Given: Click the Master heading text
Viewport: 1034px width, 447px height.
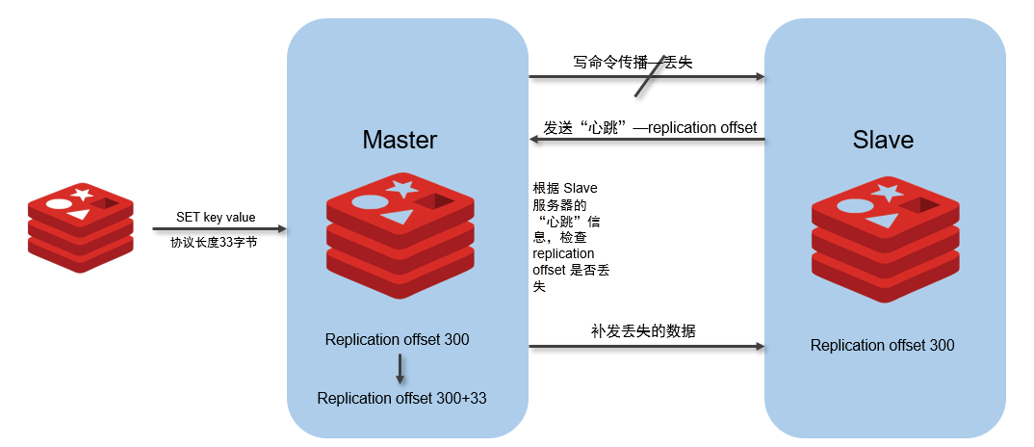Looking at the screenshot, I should click(x=400, y=140).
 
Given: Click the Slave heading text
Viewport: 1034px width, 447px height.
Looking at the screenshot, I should click(x=883, y=140).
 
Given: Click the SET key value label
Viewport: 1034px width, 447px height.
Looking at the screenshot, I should click(x=216, y=218).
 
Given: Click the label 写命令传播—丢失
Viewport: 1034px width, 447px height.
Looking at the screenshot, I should click(x=633, y=62).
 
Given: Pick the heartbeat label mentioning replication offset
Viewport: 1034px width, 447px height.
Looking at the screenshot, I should click(x=650, y=127).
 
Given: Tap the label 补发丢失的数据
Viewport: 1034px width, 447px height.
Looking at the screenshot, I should click(x=643, y=330).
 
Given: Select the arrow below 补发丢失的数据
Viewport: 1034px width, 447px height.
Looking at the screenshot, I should click(x=645, y=345).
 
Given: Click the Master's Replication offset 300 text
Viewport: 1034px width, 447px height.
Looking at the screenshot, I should click(x=397, y=339).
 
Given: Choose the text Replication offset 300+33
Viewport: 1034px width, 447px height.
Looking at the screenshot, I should click(x=401, y=398).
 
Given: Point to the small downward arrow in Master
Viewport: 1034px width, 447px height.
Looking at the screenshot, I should click(x=400, y=369).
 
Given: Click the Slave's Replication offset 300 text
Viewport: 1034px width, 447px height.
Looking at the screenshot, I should click(x=882, y=345).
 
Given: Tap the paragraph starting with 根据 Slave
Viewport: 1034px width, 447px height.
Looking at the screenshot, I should click(x=571, y=237).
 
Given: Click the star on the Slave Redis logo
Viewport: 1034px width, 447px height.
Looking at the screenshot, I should click(x=887, y=192).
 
